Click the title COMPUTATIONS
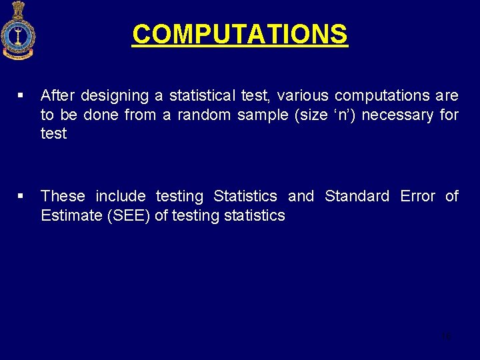coord(239,34)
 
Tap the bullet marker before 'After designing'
coord(22,97)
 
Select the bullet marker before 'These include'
coord(22,196)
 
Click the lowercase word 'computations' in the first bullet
coord(382,96)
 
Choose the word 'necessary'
coord(397,115)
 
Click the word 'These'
coord(63,196)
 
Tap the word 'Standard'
coord(357,196)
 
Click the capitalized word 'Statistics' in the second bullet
coord(245,196)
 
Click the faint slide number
coord(446,335)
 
